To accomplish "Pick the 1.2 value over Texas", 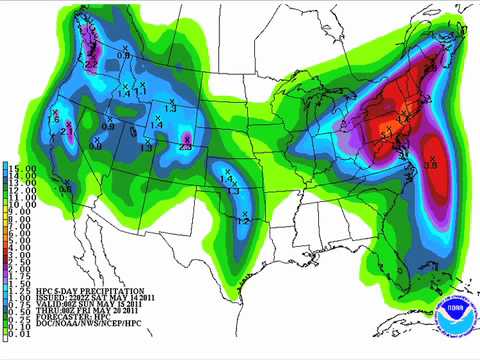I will pos(243,219).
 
